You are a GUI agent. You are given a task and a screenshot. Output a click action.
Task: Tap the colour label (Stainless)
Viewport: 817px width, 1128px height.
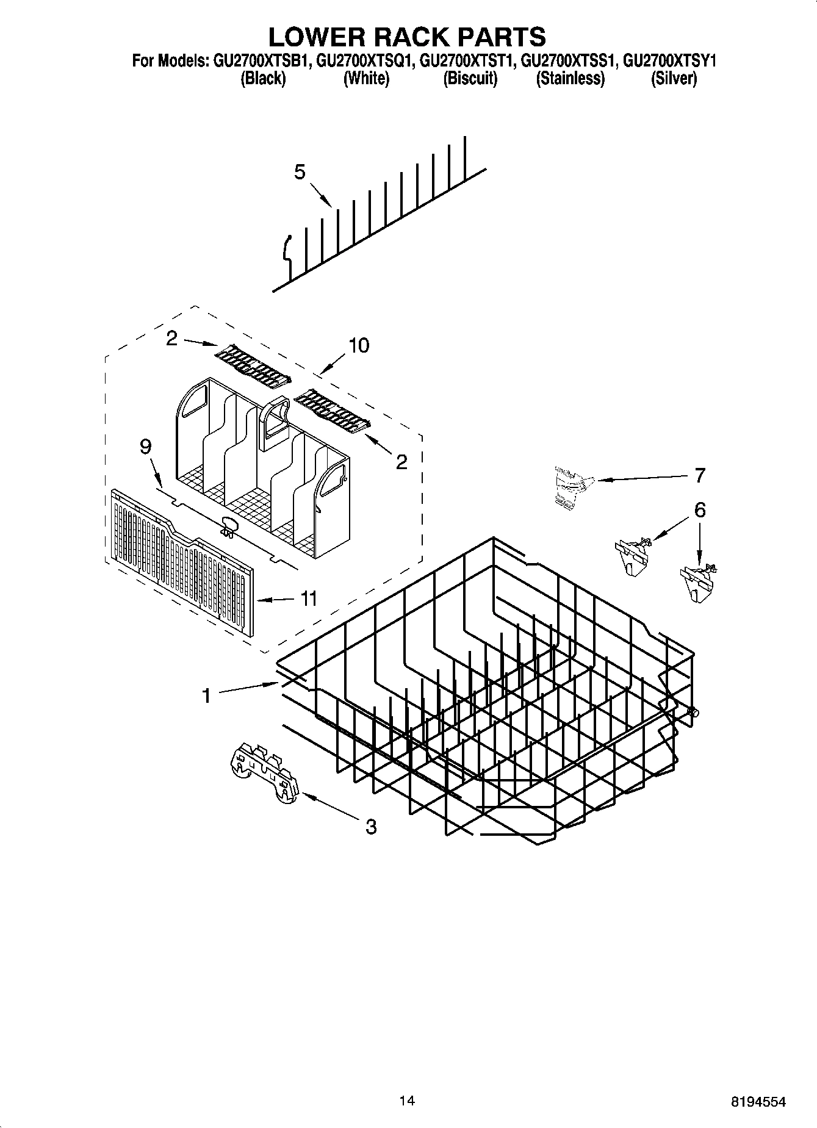coord(570,79)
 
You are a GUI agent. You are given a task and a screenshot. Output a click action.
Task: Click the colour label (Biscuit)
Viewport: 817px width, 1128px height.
coord(470,79)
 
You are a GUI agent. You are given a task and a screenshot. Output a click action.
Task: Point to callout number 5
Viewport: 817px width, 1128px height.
coord(299,173)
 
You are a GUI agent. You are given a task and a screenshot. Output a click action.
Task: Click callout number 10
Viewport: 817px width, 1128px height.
coord(358,345)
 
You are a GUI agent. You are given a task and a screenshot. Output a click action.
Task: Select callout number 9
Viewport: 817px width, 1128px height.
coord(145,447)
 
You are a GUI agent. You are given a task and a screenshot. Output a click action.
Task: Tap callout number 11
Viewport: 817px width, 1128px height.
coord(309,598)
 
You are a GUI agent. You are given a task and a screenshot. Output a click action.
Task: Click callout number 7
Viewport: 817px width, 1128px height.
coord(699,475)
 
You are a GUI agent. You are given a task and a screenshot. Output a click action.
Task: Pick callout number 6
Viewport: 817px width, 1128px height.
coord(699,509)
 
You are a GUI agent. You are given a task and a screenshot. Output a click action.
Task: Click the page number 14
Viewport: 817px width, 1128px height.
coord(407,1101)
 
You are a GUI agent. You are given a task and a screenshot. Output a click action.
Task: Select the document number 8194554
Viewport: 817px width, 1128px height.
coord(758,1102)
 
